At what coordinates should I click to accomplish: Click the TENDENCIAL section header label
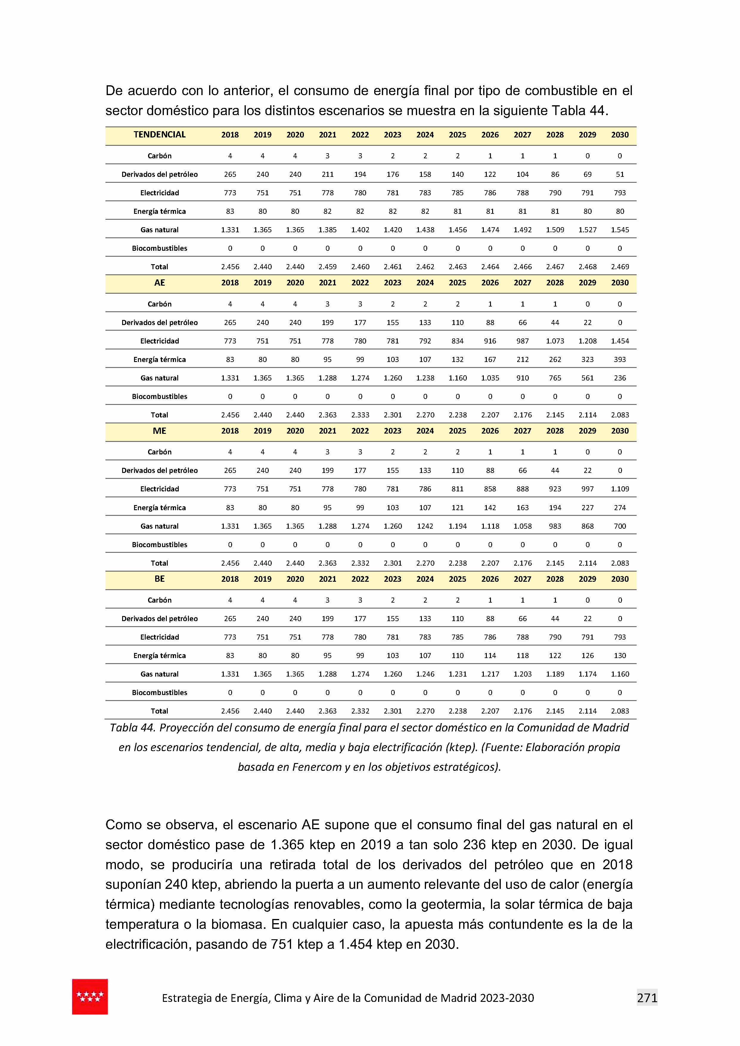159,134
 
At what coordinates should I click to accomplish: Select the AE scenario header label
159,283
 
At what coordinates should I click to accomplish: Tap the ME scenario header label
159,431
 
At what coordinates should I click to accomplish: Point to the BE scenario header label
159,579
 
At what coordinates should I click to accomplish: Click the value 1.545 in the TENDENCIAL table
620,230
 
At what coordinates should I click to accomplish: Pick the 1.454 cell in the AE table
620,341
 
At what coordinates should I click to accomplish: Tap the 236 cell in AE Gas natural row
620,378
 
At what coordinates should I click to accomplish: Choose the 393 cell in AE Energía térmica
620,359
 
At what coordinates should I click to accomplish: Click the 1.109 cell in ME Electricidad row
620,489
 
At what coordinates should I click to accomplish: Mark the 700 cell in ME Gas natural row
620,526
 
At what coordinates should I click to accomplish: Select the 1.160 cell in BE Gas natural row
620,674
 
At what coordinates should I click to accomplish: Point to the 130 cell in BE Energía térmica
620,656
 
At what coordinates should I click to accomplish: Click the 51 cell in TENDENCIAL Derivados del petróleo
620,174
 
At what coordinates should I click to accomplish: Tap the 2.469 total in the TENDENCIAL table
620,267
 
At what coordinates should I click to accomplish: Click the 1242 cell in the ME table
425,526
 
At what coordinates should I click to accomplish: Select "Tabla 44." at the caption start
132,728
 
